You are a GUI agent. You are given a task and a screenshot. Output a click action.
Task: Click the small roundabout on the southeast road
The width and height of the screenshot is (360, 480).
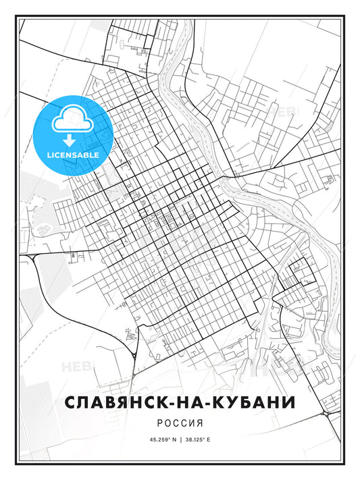pos(325,412)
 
